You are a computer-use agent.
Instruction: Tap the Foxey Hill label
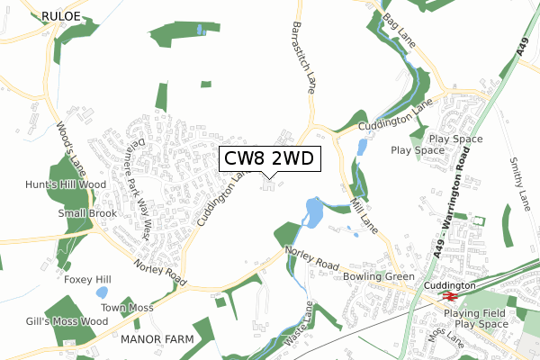click(87, 280)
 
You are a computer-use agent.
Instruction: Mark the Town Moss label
click(127, 308)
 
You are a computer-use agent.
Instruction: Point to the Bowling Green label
click(379, 276)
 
